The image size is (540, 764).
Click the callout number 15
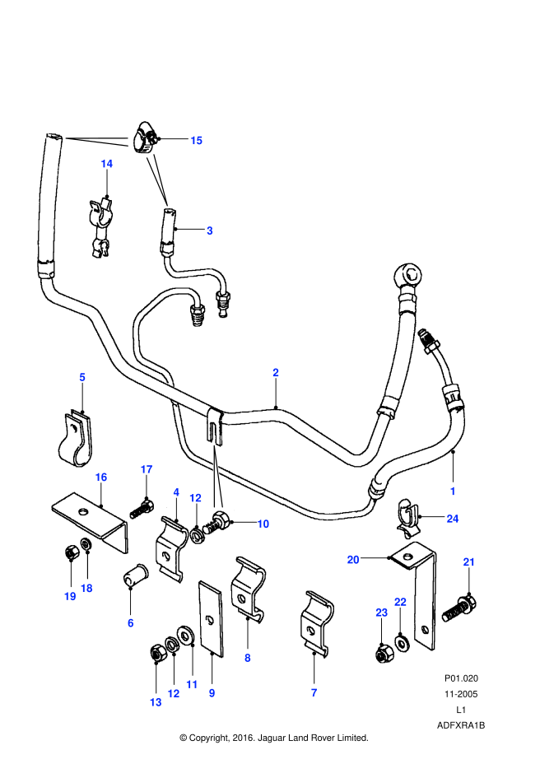coord(196,141)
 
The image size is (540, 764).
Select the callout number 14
coord(106,164)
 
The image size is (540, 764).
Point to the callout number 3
coord(209,231)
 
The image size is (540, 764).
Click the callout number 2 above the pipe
coord(276,373)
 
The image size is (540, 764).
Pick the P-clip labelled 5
coord(76,440)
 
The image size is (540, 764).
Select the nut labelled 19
coord(70,553)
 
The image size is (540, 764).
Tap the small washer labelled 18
coord(86,546)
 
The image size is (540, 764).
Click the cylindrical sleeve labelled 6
coord(133,575)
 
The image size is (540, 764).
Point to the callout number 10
coord(263,524)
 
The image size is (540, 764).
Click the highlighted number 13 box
coord(156,702)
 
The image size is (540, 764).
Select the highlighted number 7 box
coord(314,693)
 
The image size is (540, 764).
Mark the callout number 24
coord(452,519)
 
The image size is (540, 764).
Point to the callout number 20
coord(353,560)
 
